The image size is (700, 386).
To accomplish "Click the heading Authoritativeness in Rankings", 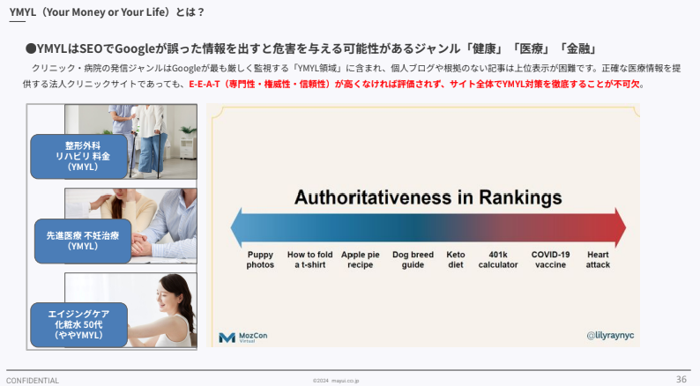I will coord(428,197).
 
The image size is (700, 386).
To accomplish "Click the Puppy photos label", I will coord(260,259).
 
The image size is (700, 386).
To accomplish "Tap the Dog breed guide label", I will coord(413,259).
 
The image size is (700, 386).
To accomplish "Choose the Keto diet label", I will coord(456,259).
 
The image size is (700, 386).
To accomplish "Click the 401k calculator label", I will coord(498,259).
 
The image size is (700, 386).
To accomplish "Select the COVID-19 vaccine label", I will coord(550,259).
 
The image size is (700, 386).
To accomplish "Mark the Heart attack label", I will coord(598,259).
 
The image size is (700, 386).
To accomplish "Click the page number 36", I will coord(681,379).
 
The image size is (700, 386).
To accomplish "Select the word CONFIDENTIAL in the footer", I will coord(33,381).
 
